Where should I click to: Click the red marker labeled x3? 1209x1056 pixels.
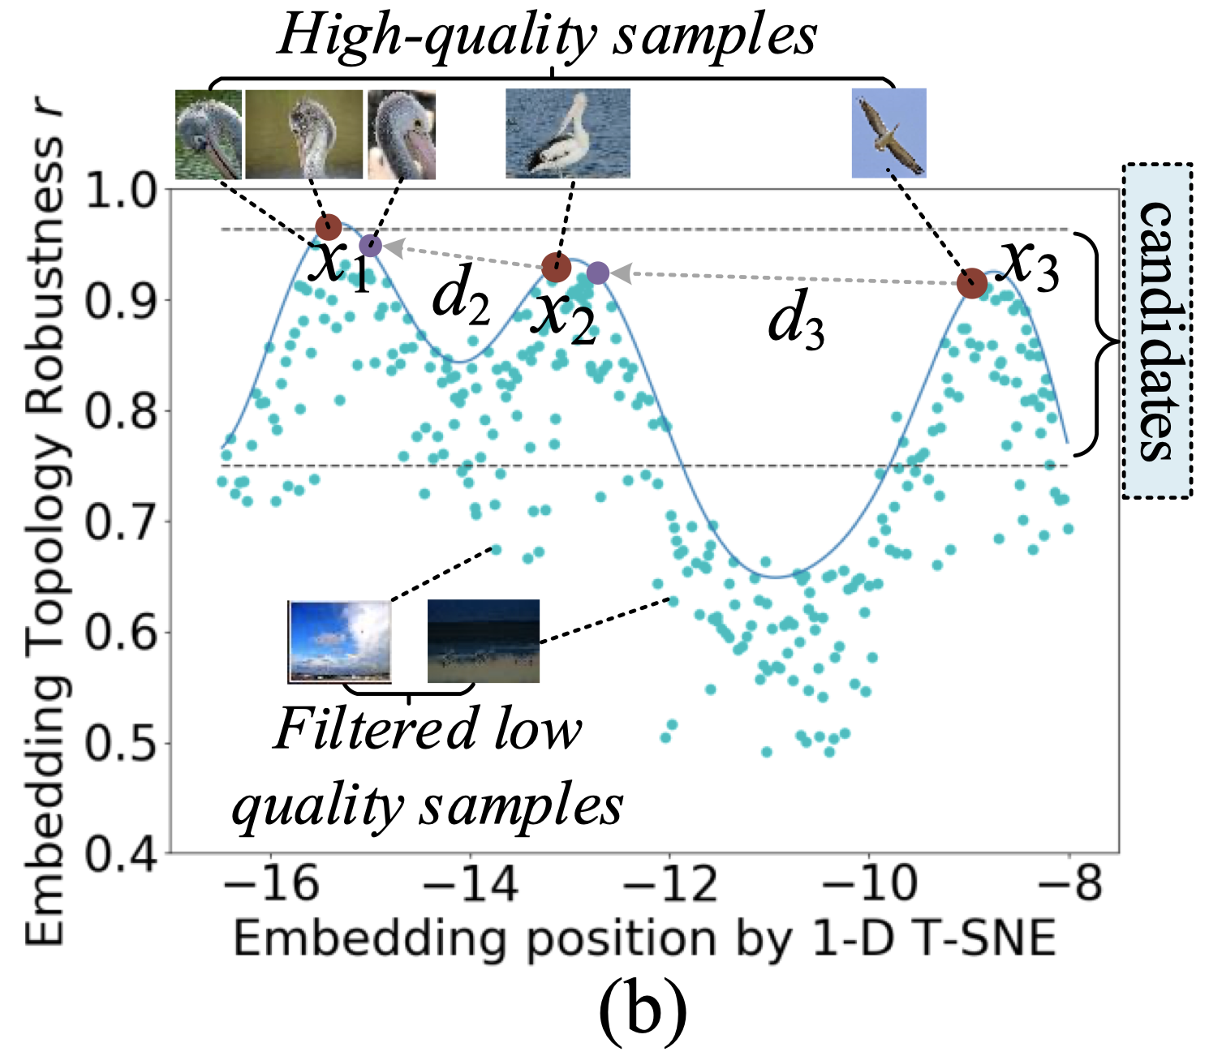(x=971, y=284)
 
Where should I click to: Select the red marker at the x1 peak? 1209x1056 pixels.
(x=328, y=227)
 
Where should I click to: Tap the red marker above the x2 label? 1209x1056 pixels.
(x=556, y=267)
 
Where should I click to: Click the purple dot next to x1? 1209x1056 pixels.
(x=370, y=244)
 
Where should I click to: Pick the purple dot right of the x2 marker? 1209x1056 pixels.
(x=598, y=273)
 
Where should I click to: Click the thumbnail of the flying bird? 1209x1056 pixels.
(x=888, y=133)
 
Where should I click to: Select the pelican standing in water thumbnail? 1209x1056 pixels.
(x=567, y=134)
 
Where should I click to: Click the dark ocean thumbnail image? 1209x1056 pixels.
(x=483, y=641)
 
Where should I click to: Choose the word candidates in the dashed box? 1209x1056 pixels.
(x=1156, y=331)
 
